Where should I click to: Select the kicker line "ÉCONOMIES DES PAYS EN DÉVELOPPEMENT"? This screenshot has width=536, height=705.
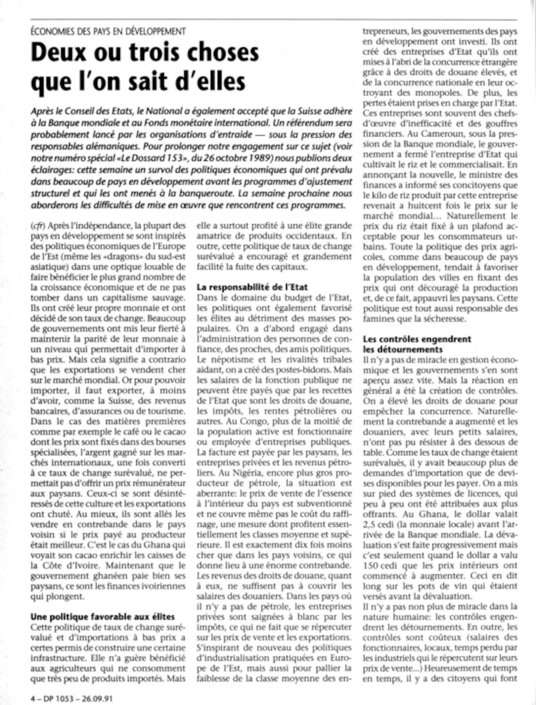coord(108,32)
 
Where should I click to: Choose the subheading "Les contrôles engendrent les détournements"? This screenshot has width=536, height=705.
coord(417,344)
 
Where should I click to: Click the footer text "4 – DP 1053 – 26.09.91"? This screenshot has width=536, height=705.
coord(72,697)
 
